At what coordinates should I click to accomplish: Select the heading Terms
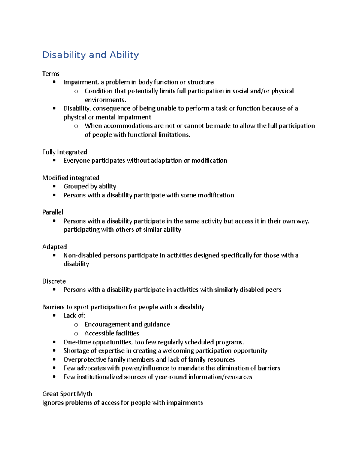pos(51,74)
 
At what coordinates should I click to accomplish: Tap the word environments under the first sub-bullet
pos(105,100)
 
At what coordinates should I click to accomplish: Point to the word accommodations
pos(128,126)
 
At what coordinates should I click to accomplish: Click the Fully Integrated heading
pos(64,152)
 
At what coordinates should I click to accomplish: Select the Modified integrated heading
pos(71,178)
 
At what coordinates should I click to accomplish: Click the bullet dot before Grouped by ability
pos(54,186)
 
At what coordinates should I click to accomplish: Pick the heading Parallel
pos(53,212)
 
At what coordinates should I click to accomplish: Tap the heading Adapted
pos(54,247)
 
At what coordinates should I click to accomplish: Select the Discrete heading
pos(54,281)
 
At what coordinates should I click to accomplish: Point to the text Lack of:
pos(74,316)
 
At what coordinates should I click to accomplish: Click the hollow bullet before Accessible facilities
pos(76,334)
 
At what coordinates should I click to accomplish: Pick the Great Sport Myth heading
pos(67,394)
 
